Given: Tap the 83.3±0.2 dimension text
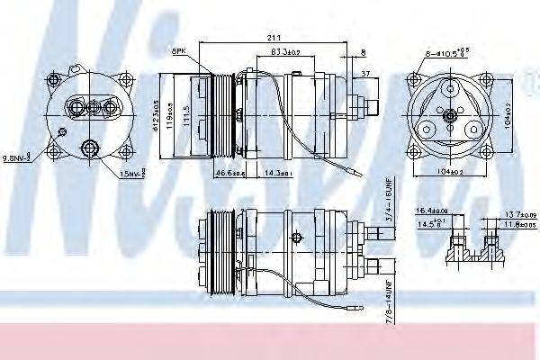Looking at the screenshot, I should pyautogui.click(x=286, y=53).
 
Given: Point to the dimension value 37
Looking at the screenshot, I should pyautogui.click(x=364, y=75).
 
